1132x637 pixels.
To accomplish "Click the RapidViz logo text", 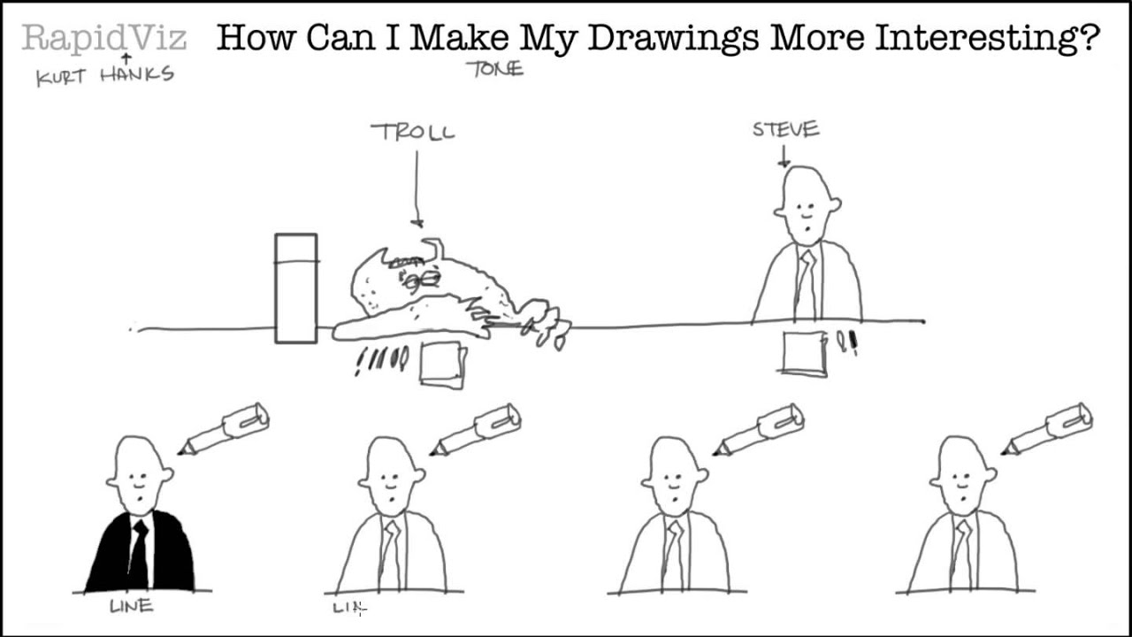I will (104, 38).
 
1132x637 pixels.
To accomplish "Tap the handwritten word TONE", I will (499, 68).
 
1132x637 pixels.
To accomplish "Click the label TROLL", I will (412, 133).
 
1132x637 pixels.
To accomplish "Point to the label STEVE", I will (785, 130).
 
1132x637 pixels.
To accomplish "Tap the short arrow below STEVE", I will (784, 156).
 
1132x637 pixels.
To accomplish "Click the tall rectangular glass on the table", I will (295, 288).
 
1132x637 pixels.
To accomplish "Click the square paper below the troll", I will (443, 364).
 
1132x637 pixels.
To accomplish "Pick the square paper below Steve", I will (804, 353).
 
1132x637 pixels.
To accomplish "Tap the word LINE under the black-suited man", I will (131, 606).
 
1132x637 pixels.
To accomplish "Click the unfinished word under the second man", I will (348, 608).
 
